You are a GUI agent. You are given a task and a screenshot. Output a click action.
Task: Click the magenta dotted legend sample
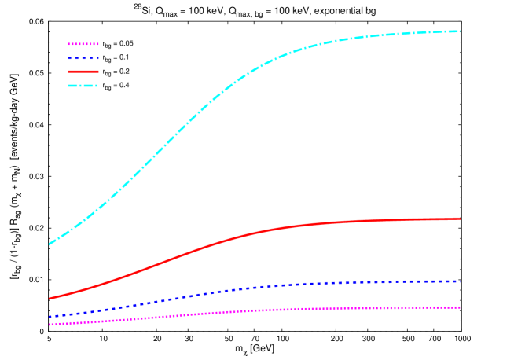tap(83, 44)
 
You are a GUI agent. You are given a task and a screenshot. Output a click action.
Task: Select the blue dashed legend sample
tap(83, 58)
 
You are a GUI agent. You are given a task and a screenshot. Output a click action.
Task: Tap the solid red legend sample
tap(83, 72)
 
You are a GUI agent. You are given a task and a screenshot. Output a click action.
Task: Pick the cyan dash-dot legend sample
tap(83, 85)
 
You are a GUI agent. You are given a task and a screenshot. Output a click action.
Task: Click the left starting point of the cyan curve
tap(49, 244)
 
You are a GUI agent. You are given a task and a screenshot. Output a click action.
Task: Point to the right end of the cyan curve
tap(460, 31)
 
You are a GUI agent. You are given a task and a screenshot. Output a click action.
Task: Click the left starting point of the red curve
tap(50, 298)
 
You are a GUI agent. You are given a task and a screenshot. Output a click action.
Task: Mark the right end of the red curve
tap(460, 219)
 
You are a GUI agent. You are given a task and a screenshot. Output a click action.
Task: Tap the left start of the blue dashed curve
tap(50, 317)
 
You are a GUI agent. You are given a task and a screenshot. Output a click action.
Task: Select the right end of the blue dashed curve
tap(460, 281)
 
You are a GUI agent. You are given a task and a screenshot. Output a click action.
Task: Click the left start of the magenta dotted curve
tap(50, 324)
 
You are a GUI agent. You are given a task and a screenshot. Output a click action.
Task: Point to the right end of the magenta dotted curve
tap(460, 307)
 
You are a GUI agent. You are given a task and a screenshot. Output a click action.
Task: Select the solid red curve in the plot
tap(236, 236)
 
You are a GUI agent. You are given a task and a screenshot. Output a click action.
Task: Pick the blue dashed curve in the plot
tap(236, 289)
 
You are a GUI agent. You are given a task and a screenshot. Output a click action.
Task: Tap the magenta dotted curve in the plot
tap(236, 311)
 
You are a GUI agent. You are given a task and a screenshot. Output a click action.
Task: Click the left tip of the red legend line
tap(68, 72)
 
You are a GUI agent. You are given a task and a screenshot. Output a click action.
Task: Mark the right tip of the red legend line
tap(98, 72)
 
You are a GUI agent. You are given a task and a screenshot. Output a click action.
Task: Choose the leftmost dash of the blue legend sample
tap(70, 58)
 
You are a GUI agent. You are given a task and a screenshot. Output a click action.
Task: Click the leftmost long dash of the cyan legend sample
tap(72, 85)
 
